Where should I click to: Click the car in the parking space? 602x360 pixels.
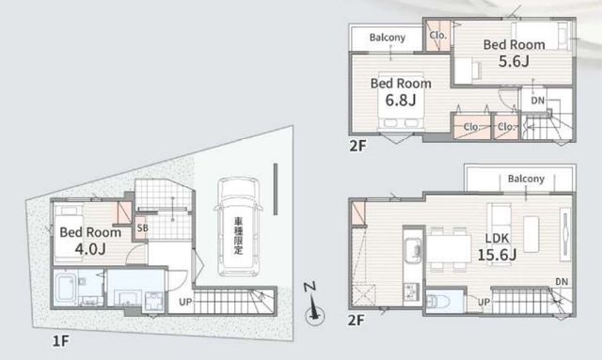(x=238, y=227)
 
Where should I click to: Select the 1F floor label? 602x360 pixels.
(x=60, y=340)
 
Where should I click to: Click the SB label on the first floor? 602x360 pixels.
(x=142, y=227)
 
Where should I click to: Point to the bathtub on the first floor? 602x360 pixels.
(x=67, y=288)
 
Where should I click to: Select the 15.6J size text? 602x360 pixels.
(x=497, y=254)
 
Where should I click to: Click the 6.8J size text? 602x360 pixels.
(x=401, y=101)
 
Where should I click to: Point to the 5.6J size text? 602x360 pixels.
(x=514, y=61)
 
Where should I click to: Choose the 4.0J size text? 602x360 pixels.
(x=90, y=249)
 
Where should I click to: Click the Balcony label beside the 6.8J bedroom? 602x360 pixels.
(x=388, y=38)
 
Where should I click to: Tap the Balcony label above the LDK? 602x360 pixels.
(x=526, y=179)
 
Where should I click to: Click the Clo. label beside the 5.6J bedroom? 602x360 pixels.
(x=438, y=36)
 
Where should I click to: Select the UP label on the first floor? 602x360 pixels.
(x=185, y=302)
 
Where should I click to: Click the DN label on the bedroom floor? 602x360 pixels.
(x=537, y=101)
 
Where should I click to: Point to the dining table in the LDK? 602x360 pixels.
(x=450, y=249)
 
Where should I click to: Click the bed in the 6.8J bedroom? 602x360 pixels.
(x=402, y=101)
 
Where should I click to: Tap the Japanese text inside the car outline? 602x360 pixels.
(x=239, y=236)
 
